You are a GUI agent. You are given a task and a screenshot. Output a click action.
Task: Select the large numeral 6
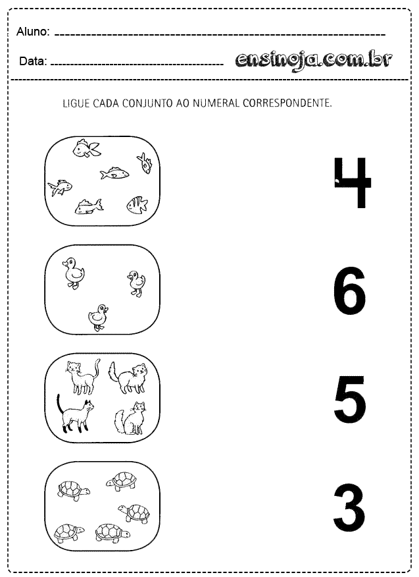pyautogui.click(x=349, y=290)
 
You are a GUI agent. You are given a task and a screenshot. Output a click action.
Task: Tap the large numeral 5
pyautogui.click(x=350, y=400)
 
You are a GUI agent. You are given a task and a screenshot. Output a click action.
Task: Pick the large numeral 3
pyautogui.click(x=349, y=508)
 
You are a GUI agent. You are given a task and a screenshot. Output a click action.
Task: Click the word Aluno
pyautogui.click(x=33, y=32)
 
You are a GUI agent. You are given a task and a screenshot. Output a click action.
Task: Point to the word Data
pyautogui.click(x=33, y=61)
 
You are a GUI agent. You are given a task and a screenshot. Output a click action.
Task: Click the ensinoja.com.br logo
pyautogui.click(x=313, y=60)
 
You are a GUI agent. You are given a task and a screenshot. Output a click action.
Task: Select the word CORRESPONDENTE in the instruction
pyautogui.click(x=287, y=103)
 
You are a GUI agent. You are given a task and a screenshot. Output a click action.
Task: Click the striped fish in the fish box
pyautogui.click(x=137, y=205)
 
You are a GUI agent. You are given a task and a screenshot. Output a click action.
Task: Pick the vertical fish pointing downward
pyautogui.click(x=145, y=163)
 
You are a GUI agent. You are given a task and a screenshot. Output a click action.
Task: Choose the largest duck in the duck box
pyautogui.click(x=74, y=273)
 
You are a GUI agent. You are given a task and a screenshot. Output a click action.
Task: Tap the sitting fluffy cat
pyautogui.click(x=130, y=418)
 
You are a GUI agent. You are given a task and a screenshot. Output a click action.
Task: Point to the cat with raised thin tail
pyautogui.click(x=83, y=377)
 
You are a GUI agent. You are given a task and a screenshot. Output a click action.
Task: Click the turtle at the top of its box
pyautogui.click(x=121, y=481)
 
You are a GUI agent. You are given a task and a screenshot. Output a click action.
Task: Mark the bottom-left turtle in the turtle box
pyautogui.click(x=69, y=532)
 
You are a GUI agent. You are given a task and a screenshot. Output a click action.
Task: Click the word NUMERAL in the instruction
pyautogui.click(x=216, y=103)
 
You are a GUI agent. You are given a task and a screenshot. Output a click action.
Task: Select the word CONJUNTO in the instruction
pyautogui.click(x=147, y=103)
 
